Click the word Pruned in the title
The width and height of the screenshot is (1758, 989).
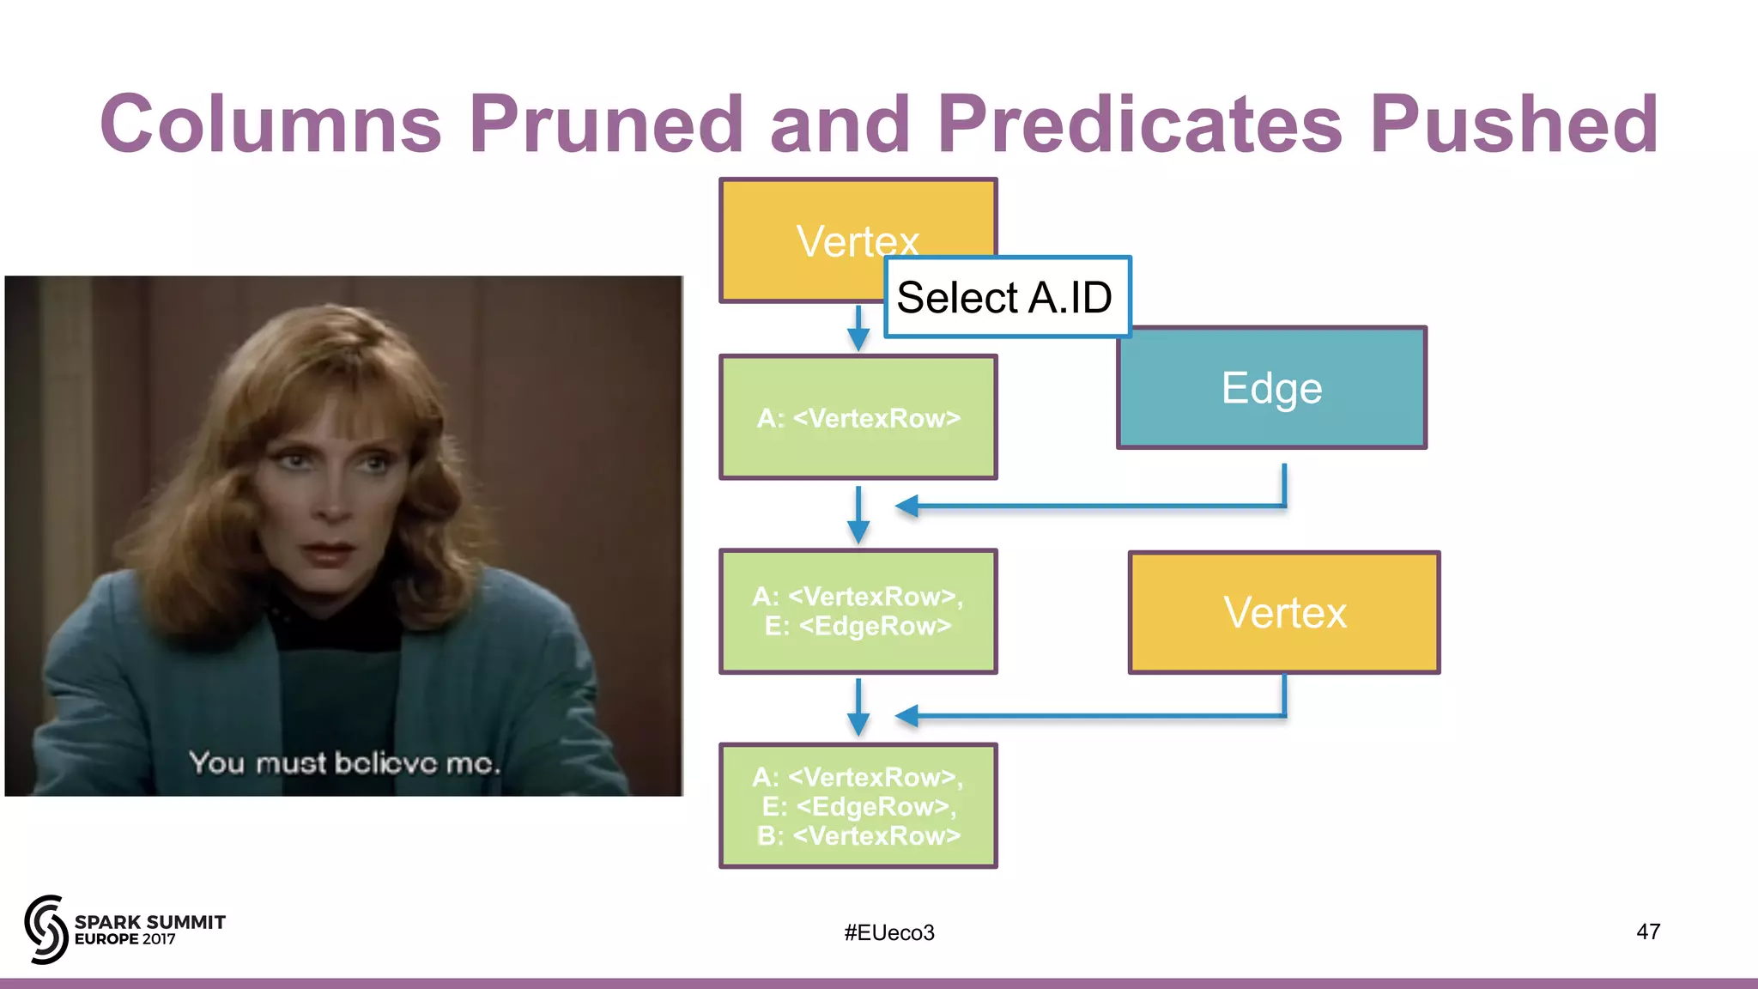(605, 124)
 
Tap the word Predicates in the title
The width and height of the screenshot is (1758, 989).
(1140, 124)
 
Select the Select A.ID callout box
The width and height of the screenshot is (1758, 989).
(1006, 297)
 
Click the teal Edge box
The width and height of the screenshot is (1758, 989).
(1271, 388)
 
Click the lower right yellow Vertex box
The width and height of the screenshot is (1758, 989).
(1284, 613)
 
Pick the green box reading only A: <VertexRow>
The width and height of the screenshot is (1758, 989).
(858, 418)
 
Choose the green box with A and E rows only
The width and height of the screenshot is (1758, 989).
(858, 611)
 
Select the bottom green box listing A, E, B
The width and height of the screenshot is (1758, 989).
(858, 805)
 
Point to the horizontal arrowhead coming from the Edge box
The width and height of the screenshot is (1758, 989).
(906, 507)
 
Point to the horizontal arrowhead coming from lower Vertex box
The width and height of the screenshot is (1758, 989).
(906, 715)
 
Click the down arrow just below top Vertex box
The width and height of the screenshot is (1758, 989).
(858, 331)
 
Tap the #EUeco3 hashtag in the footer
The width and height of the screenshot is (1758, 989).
(888, 932)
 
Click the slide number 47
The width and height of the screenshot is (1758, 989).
(1647, 931)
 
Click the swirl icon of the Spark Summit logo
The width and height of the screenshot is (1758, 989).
(45, 929)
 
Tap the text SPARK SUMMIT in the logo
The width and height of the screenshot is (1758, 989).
(149, 922)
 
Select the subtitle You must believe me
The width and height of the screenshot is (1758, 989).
(343, 762)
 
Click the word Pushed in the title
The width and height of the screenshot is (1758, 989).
(1513, 124)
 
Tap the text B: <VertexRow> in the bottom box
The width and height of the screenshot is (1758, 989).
(858, 835)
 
